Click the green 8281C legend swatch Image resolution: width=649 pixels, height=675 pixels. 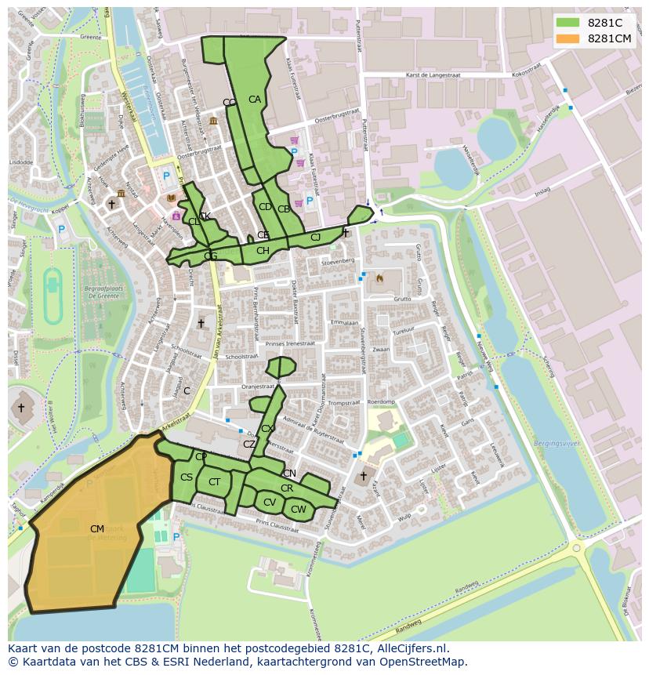tap(567, 23)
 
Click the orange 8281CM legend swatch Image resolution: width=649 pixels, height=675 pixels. tap(567, 38)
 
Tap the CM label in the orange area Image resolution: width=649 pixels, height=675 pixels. tap(96, 529)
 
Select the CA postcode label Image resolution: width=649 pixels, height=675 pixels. tap(255, 100)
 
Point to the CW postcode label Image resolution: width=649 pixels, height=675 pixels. tap(298, 509)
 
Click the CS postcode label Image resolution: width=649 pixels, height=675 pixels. tap(187, 477)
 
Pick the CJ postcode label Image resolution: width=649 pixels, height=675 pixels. tap(315, 238)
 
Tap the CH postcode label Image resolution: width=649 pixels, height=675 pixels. tap(263, 251)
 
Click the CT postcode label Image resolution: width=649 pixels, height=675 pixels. tap(214, 482)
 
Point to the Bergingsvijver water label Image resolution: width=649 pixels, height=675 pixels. tap(556, 444)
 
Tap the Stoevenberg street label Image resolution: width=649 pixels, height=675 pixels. tap(338, 261)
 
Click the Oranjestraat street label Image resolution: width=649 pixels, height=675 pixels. tap(259, 386)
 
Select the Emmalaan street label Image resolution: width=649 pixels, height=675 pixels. tap(343, 322)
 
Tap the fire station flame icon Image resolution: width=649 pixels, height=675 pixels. tap(380, 278)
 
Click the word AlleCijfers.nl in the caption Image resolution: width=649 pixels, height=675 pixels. tap(407, 648)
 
